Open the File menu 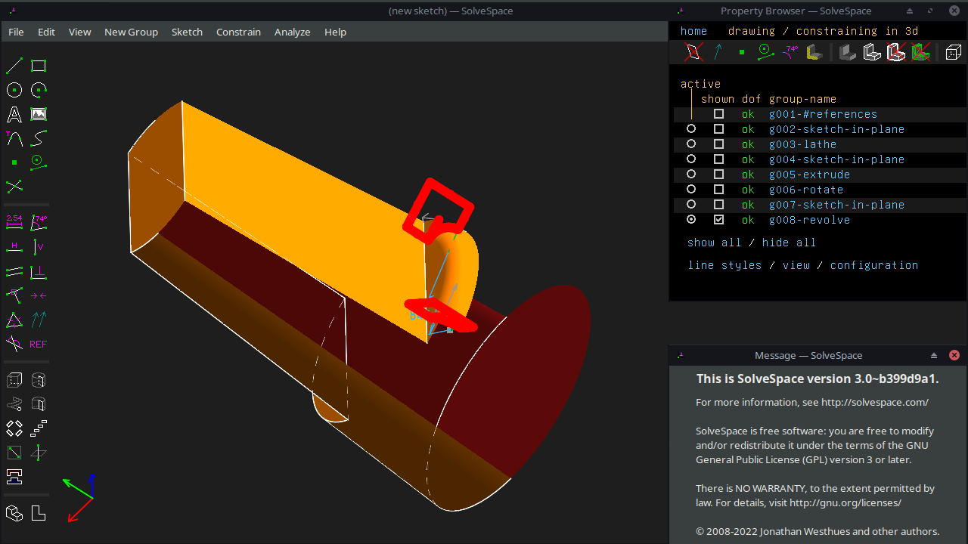[16, 32]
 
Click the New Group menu [131, 32]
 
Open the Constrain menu [238, 32]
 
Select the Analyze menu [292, 32]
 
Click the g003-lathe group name [802, 144]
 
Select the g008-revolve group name [809, 220]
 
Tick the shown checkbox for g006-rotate [718, 190]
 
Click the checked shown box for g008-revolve [718, 220]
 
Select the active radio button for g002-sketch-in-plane [691, 129]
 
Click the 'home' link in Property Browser [693, 31]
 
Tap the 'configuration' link [873, 265]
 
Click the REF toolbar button [38, 345]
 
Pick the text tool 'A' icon [14, 115]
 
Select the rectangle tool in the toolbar [39, 66]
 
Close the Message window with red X [954, 355]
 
